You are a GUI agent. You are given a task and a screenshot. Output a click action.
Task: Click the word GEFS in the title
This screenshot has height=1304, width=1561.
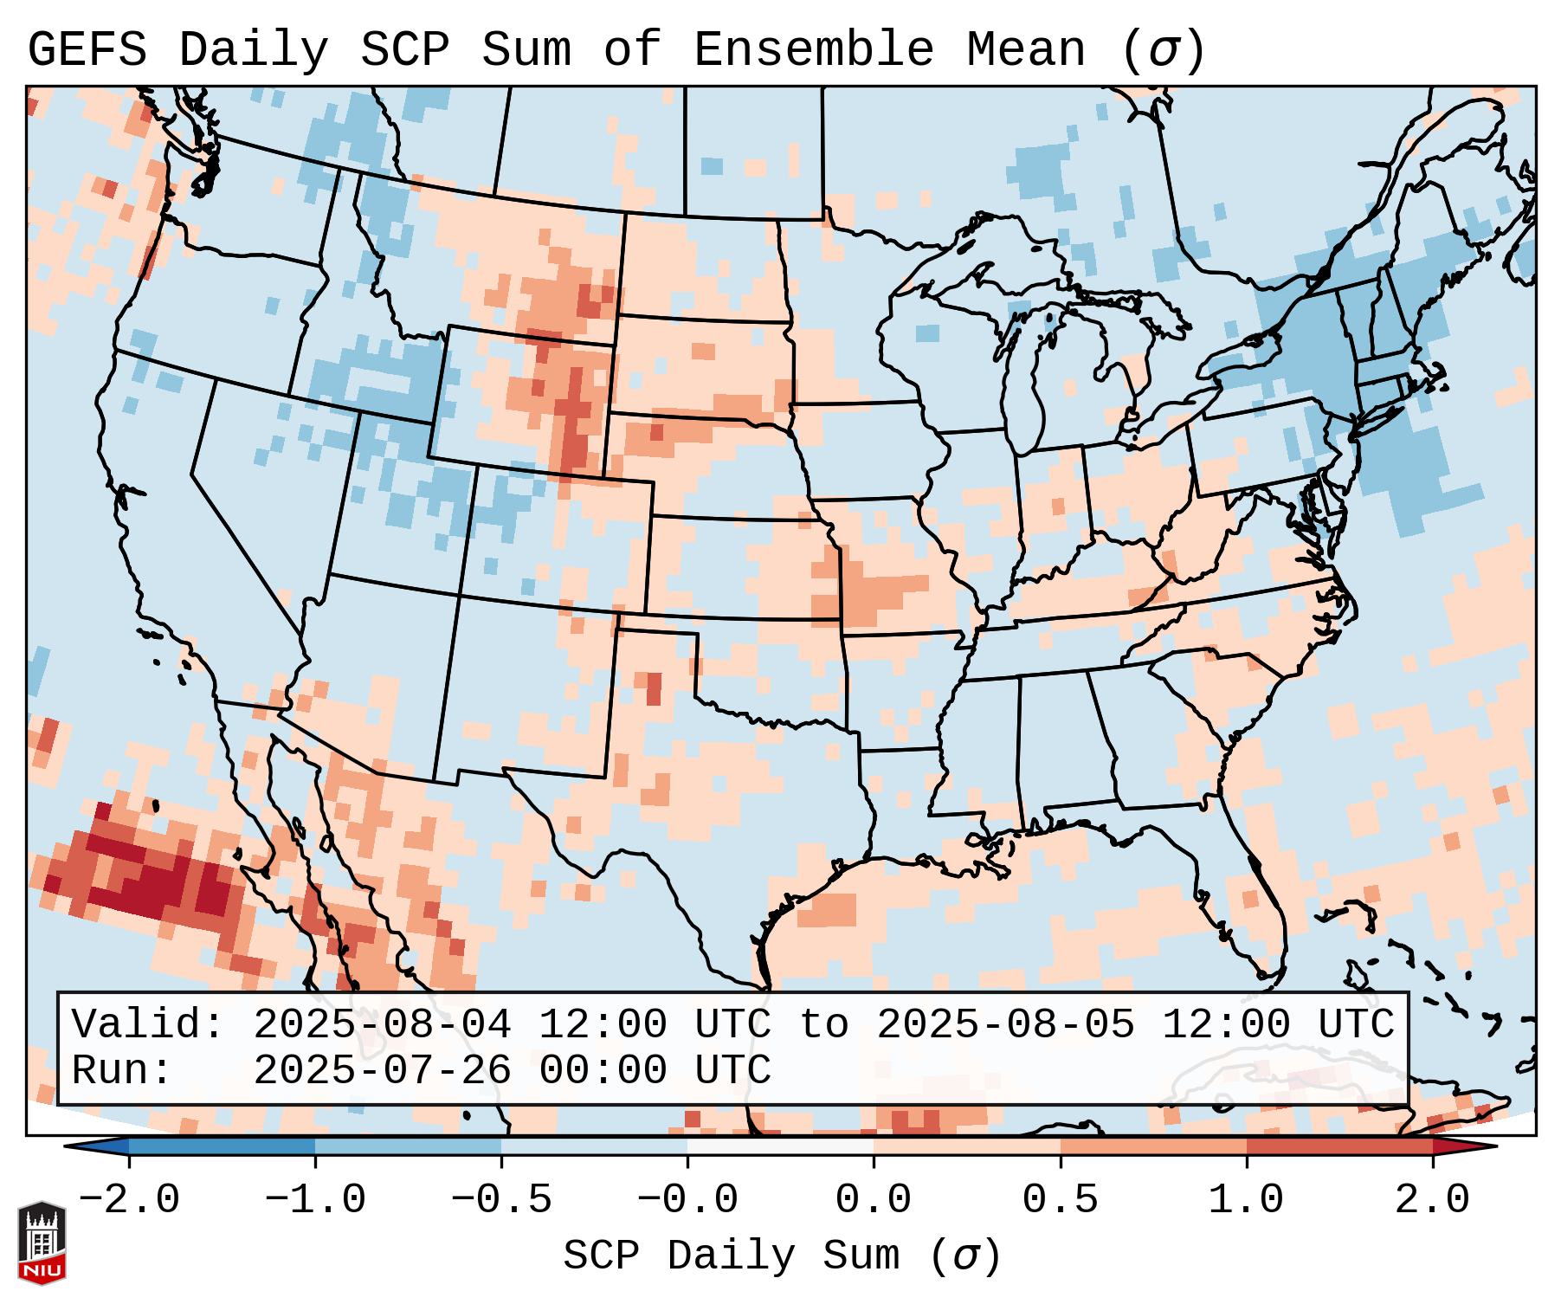point(87,50)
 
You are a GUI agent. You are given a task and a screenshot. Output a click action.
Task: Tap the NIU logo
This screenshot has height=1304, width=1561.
point(42,1243)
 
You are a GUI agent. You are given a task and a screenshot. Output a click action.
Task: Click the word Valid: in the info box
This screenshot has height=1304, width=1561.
point(148,1025)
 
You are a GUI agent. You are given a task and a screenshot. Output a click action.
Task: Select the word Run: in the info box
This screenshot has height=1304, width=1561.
point(122,1071)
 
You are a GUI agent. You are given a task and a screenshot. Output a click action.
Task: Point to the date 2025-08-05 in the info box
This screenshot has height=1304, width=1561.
point(1005,1025)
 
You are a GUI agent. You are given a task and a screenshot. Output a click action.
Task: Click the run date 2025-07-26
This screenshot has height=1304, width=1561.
point(382,1071)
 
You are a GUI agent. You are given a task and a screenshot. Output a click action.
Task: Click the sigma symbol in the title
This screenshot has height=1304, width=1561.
point(1162,50)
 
